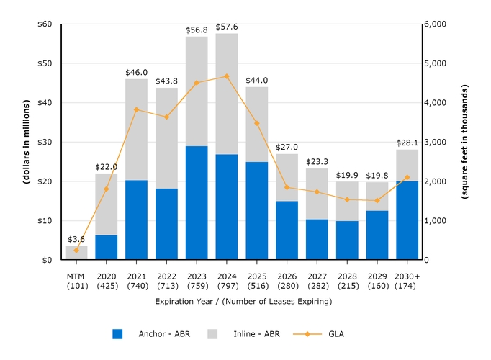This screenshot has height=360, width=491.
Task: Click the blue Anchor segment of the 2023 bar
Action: [197, 203]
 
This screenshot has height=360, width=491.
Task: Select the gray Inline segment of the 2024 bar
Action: [227, 94]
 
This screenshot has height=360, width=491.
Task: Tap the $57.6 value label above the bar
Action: [227, 27]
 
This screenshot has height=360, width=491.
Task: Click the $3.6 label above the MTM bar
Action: [76, 239]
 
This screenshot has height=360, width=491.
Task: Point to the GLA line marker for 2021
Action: [136, 109]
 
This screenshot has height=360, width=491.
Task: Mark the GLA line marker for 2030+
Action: [407, 177]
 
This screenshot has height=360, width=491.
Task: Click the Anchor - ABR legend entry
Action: [147, 334]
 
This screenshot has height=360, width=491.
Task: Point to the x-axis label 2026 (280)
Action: [287, 280]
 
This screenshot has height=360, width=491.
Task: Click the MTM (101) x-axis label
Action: [76, 280]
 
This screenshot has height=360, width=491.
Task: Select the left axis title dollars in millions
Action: [26, 142]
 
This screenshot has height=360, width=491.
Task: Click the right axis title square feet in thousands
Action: [465, 142]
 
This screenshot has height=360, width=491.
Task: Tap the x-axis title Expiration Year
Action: [243, 302]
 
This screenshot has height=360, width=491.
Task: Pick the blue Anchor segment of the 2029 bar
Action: [377, 235]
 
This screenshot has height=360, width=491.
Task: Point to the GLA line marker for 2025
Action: [257, 123]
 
